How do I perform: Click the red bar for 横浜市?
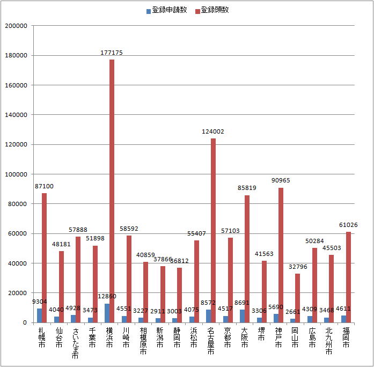[112, 190]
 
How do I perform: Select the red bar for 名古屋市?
[213, 230]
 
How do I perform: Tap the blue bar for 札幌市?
[39, 315]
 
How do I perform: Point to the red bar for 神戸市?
[281, 255]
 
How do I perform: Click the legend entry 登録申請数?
[166, 10]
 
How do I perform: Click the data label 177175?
[112, 53]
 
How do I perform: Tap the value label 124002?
[213, 132]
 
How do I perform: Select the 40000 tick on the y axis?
[17, 263]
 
